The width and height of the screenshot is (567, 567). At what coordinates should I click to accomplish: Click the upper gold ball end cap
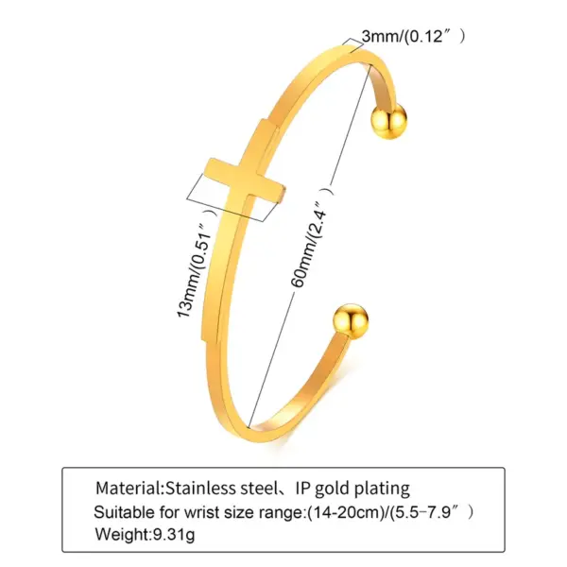pyautogui.click(x=387, y=122)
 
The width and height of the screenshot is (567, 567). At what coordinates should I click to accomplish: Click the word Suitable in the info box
pyautogui.click(x=121, y=513)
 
